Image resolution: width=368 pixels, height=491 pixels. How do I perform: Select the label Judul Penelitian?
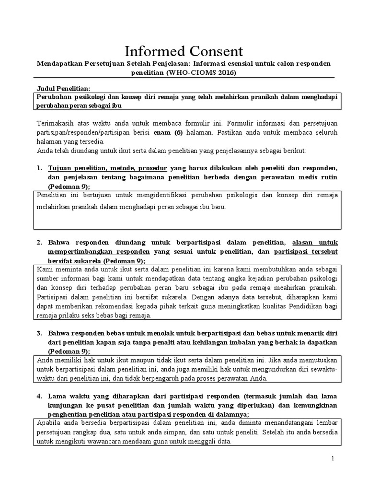(x=63, y=88)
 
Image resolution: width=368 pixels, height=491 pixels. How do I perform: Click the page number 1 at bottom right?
(x=333, y=459)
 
